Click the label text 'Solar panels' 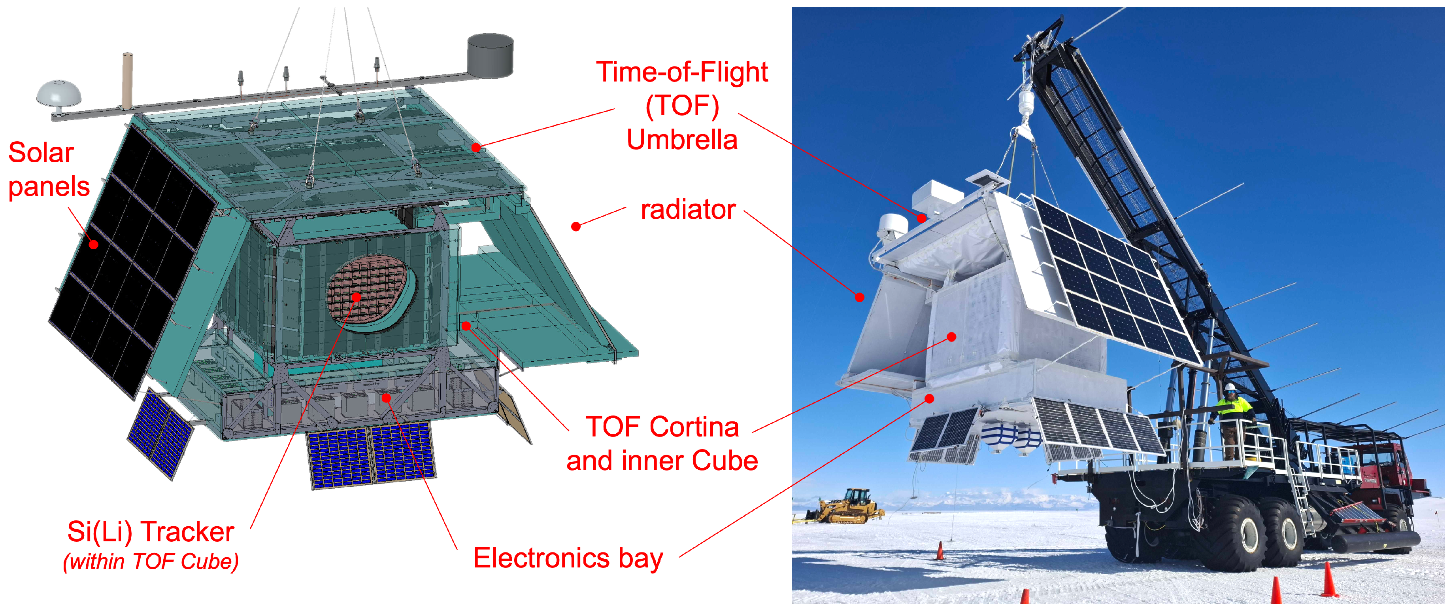(x=49, y=169)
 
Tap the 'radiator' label (x=688, y=210)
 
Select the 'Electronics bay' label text (x=568, y=558)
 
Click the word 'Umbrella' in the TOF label (x=682, y=139)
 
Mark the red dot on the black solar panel (x=94, y=244)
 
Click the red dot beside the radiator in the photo (x=860, y=297)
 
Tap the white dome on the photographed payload (x=892, y=226)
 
